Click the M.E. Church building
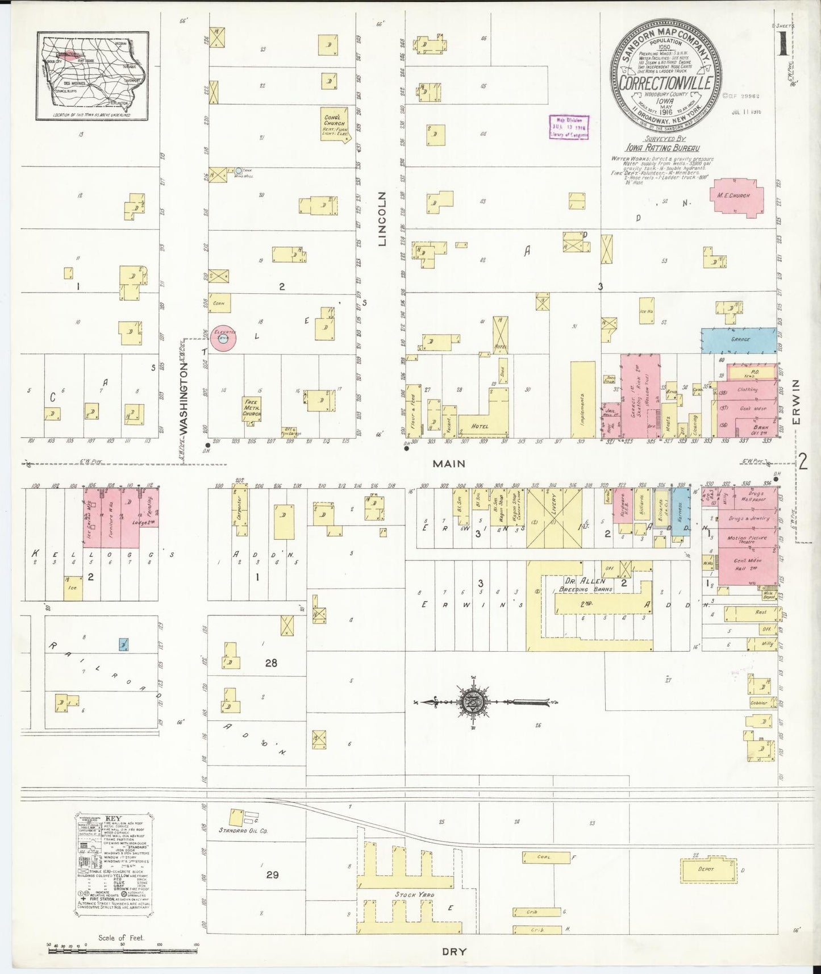click(736, 197)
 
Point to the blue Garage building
click(738, 340)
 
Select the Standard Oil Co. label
click(243, 831)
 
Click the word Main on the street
click(449, 464)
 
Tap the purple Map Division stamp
click(568, 127)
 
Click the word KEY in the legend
click(113, 820)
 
